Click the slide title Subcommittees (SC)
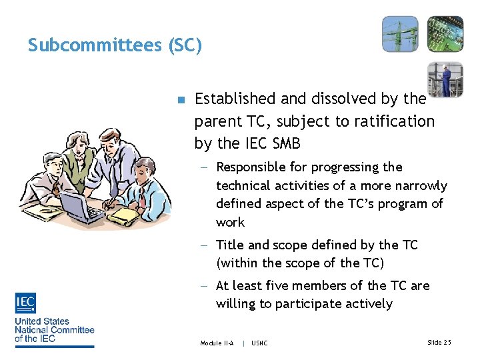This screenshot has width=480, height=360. (x=114, y=45)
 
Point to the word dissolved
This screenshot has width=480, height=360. (x=340, y=99)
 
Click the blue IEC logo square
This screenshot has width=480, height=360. (x=25, y=303)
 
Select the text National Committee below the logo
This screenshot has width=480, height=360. (x=55, y=329)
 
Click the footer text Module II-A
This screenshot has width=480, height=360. (x=217, y=343)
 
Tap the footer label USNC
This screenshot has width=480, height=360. (x=260, y=343)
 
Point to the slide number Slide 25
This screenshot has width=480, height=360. (x=439, y=342)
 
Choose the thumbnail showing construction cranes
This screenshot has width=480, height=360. (x=400, y=33)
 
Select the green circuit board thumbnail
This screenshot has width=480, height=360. (x=445, y=33)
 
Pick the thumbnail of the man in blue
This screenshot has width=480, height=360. (x=445, y=79)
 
